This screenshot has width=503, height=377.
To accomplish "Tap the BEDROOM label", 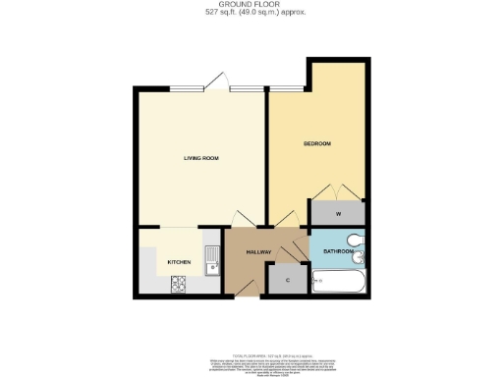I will pos(316,144).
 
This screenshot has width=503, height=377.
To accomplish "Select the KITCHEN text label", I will pos(178,262).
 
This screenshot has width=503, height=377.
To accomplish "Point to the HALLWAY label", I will pos(258,252).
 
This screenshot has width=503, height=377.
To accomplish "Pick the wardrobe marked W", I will pos(337,212).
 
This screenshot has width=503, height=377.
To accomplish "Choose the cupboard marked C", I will pos(288,279).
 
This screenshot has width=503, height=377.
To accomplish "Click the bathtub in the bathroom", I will pos(338,283).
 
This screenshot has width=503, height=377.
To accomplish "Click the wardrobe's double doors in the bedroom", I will pos(337,190).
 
